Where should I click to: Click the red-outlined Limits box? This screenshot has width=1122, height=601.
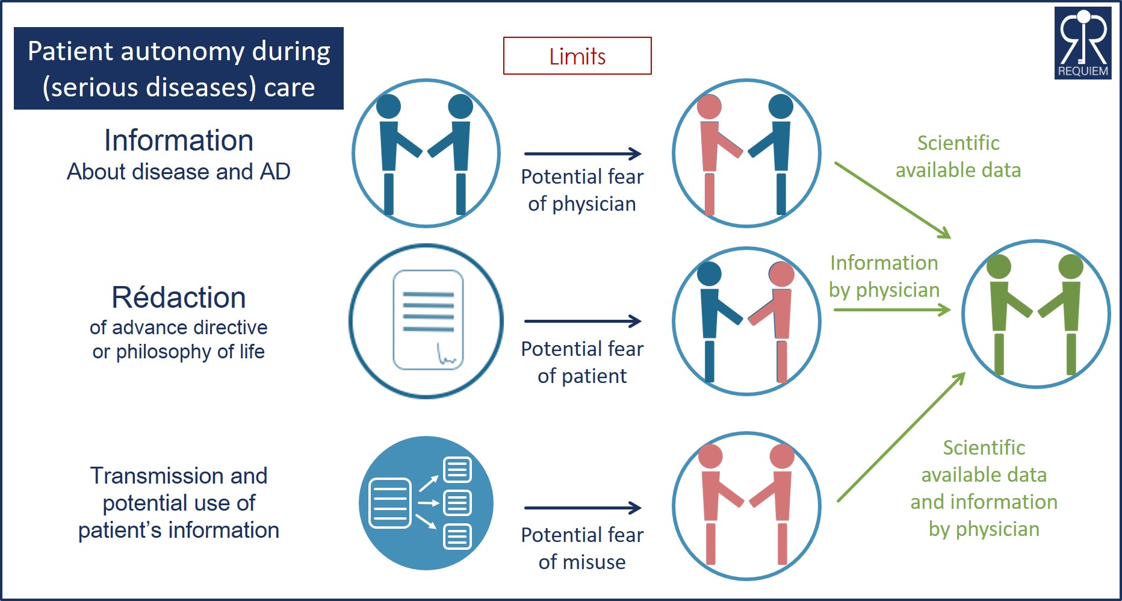click(577, 56)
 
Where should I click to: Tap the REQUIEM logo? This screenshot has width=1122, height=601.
click(1083, 43)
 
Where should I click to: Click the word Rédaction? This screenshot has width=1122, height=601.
click(179, 297)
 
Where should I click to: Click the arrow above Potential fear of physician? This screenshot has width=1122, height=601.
click(582, 154)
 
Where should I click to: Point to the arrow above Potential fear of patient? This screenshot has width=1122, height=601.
click(582, 321)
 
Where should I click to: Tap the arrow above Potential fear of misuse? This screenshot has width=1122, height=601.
click(582, 508)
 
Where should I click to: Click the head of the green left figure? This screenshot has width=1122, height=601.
click(999, 266)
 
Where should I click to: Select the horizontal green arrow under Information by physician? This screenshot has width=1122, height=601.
click(891, 310)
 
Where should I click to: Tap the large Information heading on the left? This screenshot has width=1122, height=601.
click(179, 140)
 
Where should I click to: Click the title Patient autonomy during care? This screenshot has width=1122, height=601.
click(179, 69)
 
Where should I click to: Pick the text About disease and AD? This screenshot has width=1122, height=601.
click(179, 172)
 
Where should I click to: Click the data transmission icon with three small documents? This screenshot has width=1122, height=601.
click(426, 503)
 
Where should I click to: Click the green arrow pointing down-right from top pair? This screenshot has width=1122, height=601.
click(892, 200)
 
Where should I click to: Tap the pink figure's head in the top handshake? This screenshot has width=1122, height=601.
click(709, 107)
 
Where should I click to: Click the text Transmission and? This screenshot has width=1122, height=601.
click(179, 476)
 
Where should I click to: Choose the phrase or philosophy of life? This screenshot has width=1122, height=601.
click(179, 352)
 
